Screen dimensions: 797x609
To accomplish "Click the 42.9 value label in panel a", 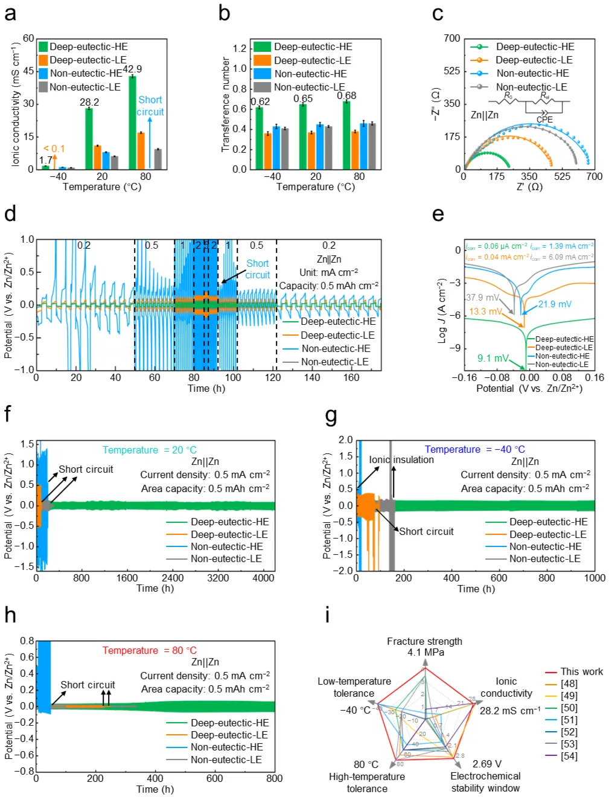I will click(132, 69).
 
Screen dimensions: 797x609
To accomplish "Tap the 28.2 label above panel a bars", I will click(89, 102).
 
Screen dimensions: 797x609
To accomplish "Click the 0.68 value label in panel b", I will click(346, 95).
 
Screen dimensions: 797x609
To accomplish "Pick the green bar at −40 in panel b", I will click(259, 138).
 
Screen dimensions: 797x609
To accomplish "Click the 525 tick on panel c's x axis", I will click(562, 176).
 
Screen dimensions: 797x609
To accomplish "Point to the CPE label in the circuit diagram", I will click(544, 120).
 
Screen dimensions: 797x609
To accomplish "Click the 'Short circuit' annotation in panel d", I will click(258, 269).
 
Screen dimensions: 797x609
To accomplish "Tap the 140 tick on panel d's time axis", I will click(312, 377).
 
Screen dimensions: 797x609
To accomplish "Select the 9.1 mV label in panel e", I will click(493, 358).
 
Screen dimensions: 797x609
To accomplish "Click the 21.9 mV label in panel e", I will click(555, 304).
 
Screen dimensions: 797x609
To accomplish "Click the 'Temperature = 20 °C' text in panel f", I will click(150, 450).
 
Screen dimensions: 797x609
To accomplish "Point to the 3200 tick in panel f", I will click(218, 578).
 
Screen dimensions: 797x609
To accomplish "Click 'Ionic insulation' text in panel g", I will click(401, 459).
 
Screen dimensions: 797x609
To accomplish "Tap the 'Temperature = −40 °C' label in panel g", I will click(475, 449).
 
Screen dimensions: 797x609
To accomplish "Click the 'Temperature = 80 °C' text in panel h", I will click(150, 650).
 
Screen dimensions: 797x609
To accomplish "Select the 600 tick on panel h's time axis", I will click(214, 778).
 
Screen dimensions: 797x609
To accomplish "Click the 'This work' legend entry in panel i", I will click(581, 671).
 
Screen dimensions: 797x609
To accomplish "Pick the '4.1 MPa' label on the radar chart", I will click(426, 652).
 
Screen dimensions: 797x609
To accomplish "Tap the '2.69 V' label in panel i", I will click(486, 764).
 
